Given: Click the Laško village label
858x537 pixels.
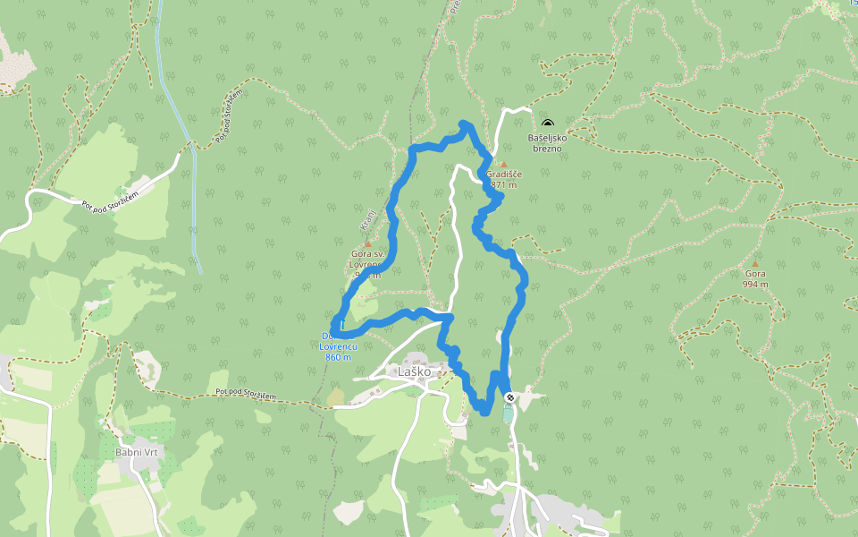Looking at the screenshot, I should coord(415,371).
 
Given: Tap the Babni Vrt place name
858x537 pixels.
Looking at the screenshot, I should coord(136,453).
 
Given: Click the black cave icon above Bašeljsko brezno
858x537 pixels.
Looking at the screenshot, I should coord(547,125).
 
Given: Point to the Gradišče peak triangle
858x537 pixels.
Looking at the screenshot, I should coord(502,164).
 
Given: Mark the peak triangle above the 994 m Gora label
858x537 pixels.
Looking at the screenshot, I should coord(754,264).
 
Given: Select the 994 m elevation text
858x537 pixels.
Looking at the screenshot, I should coord(755,285).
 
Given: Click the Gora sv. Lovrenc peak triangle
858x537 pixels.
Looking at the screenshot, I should coord(366,243).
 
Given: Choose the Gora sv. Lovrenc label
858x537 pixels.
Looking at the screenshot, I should coord(366,260).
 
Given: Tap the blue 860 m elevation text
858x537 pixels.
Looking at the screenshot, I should coord(338,357).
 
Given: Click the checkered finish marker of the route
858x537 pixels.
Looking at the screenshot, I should coord(509,396).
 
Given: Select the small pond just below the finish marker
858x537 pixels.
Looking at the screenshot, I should coord(509,413).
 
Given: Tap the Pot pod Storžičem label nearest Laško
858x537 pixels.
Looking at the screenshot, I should coord(253,392).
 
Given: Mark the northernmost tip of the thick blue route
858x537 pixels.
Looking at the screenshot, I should coord(463,123).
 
